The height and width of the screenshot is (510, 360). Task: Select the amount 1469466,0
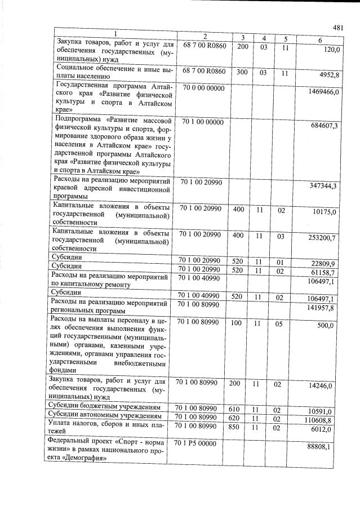tap(323, 91)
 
